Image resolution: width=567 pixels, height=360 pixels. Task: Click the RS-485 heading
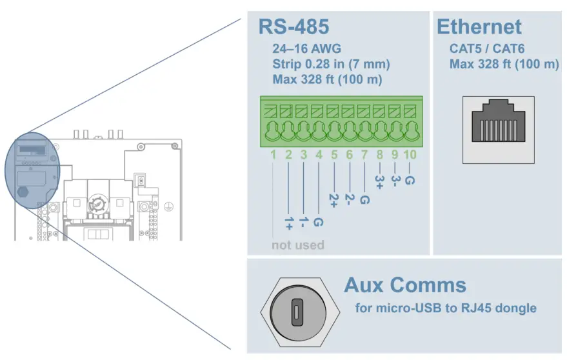click(293, 27)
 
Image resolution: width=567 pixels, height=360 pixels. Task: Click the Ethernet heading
click(479, 27)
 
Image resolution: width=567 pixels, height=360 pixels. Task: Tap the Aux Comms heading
click(404, 285)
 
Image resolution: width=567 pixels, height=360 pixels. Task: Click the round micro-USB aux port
click(296, 312)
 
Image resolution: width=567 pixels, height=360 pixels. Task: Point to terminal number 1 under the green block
click(274, 155)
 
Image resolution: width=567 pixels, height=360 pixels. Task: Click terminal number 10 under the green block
click(410, 155)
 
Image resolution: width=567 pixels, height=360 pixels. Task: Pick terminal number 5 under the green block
click(334, 155)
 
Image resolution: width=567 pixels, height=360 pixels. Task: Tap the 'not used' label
click(297, 245)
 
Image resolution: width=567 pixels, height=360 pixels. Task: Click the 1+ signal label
click(288, 223)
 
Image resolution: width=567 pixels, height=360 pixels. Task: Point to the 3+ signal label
click(379, 181)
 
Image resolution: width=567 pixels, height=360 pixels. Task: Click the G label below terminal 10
click(410, 181)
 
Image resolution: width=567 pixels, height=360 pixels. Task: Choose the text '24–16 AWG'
click(307, 48)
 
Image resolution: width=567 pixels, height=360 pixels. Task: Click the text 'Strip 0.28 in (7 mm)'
click(331, 65)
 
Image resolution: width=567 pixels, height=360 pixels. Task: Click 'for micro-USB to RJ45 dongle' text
click(446, 308)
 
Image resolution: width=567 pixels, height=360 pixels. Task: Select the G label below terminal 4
click(319, 223)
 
